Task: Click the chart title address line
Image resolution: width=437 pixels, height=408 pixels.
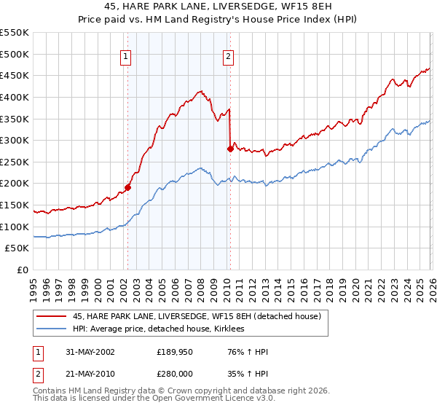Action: [219, 7]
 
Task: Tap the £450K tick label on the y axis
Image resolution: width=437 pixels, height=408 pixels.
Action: [15, 75]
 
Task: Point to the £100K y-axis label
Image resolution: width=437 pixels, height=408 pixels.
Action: [15, 227]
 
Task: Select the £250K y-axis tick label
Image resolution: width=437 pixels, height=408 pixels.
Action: [15, 162]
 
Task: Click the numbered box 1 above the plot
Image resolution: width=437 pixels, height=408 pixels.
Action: [126, 56]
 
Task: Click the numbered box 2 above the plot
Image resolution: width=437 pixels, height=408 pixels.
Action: [228, 56]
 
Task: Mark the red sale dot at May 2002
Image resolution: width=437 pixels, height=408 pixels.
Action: [128, 187]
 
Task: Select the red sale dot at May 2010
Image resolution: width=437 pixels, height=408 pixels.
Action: [230, 149]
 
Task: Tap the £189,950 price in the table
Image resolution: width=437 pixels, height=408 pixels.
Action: [175, 351]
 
